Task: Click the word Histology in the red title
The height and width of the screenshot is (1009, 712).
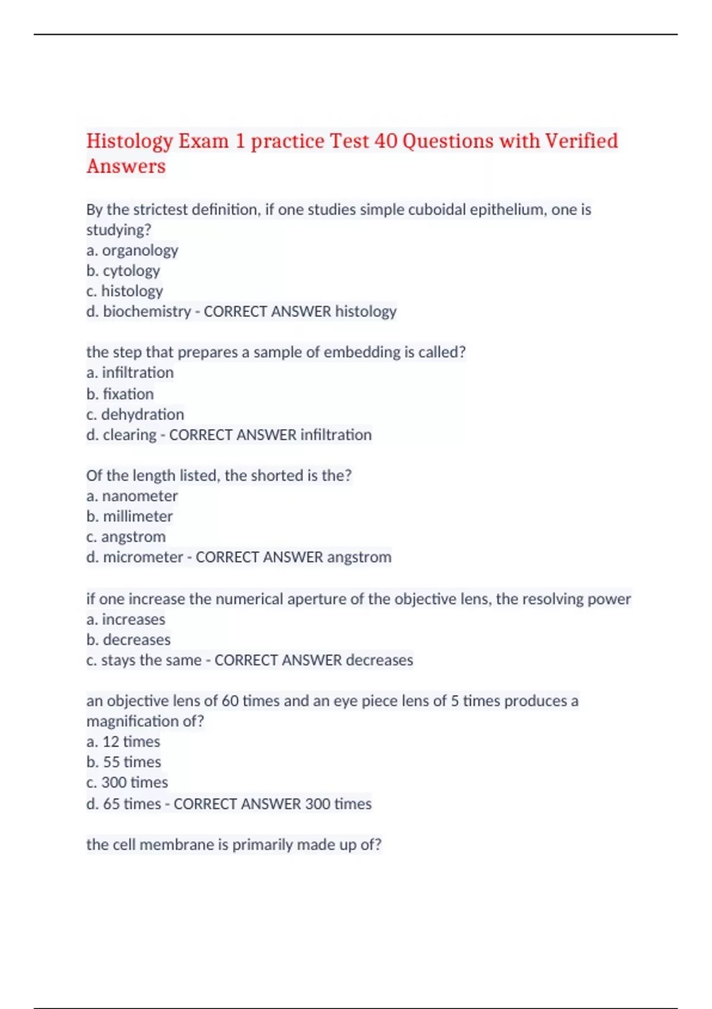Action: (129, 141)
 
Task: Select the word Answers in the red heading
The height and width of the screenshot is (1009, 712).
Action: (126, 166)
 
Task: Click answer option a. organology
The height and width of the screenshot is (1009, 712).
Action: (132, 250)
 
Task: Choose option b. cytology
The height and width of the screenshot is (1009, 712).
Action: (123, 271)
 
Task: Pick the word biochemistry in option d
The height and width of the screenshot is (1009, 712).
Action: (147, 312)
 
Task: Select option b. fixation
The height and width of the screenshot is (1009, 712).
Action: (120, 394)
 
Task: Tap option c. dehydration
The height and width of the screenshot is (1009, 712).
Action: (135, 414)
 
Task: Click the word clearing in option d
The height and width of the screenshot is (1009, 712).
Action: (129, 435)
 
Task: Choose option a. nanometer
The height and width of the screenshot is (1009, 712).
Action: (132, 496)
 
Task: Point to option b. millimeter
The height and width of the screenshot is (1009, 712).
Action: (129, 516)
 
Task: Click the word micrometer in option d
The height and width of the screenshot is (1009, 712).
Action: (142, 557)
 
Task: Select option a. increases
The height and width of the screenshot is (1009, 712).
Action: (126, 620)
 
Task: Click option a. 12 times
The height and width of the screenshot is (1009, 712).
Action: (123, 742)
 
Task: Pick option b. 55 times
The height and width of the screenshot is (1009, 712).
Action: (123, 762)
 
